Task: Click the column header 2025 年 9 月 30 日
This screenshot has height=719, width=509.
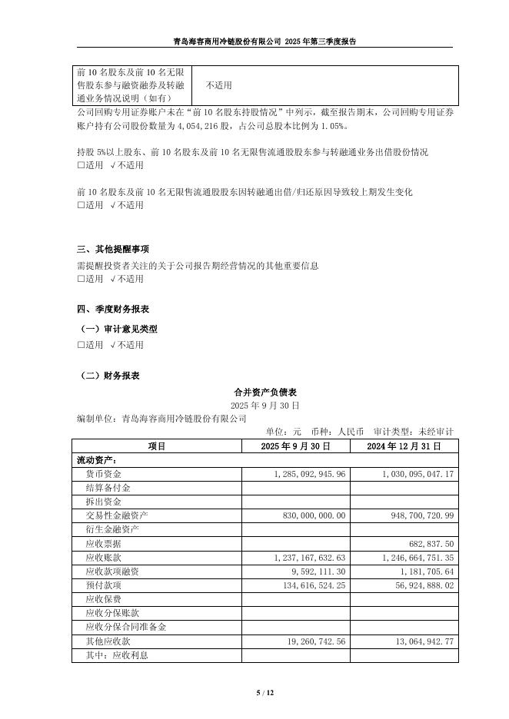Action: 295,446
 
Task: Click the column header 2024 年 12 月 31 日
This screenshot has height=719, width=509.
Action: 403,446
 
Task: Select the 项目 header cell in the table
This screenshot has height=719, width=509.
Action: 156,446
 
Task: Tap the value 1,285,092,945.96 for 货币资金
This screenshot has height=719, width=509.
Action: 310,474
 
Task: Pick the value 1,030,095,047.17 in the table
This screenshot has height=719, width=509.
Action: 418,474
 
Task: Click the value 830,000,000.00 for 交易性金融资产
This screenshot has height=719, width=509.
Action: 315,515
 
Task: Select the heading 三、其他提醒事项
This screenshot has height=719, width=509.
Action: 113,250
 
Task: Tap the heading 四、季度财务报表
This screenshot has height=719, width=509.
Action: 113,309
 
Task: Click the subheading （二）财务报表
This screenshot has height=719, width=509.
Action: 110,376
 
